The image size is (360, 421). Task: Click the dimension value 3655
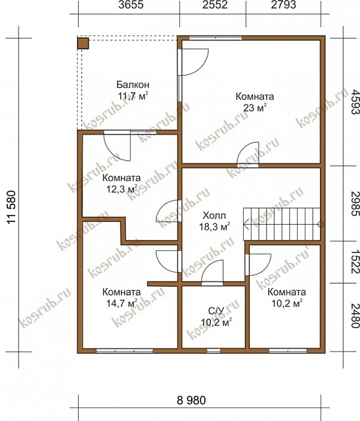[131, 5]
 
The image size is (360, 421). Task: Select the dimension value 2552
[215, 5]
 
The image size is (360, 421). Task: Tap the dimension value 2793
[284, 5]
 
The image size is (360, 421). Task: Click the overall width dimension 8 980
[191, 400]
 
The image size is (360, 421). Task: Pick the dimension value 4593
[355, 102]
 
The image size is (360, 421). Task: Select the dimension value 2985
[355, 204]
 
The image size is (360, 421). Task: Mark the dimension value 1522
[355, 262]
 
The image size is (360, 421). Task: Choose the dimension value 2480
[355, 316]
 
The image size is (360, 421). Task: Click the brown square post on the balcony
[83, 43]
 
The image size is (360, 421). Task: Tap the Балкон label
[133, 85]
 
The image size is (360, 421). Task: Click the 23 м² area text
[255, 108]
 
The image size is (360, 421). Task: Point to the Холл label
[214, 215]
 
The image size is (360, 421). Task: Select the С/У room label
[216, 311]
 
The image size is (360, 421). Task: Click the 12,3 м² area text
[122, 189]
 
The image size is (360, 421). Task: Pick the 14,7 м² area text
[122, 303]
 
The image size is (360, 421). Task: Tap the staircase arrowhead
[246, 224]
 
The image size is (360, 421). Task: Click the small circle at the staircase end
[321, 224]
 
